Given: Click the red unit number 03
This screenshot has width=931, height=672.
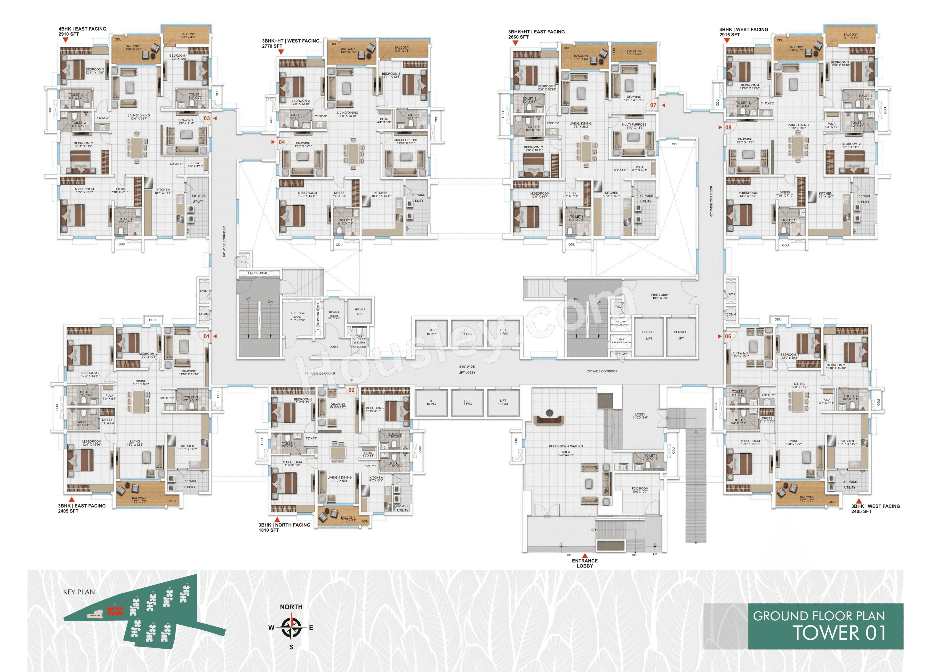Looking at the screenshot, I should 207,119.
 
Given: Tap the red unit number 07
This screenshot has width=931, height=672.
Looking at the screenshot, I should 653,105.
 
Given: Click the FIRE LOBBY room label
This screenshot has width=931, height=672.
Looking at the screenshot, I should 660,296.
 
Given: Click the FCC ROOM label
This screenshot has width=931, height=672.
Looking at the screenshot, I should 640,490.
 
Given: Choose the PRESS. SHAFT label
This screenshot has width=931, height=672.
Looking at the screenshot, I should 259,273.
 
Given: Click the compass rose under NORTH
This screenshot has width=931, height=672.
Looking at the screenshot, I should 291,627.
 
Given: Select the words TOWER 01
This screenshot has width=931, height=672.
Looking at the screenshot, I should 839,632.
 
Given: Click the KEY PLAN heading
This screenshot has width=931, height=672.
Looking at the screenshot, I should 79,592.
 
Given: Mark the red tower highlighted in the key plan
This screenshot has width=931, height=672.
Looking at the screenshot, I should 115,611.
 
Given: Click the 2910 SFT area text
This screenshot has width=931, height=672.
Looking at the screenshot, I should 69,34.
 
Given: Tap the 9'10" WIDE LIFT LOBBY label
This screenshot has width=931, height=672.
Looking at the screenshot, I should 467,370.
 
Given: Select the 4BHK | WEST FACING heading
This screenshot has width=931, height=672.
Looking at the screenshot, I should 743,30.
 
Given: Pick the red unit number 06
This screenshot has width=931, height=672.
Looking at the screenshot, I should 728,336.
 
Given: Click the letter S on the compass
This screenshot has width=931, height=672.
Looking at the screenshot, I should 291,647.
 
